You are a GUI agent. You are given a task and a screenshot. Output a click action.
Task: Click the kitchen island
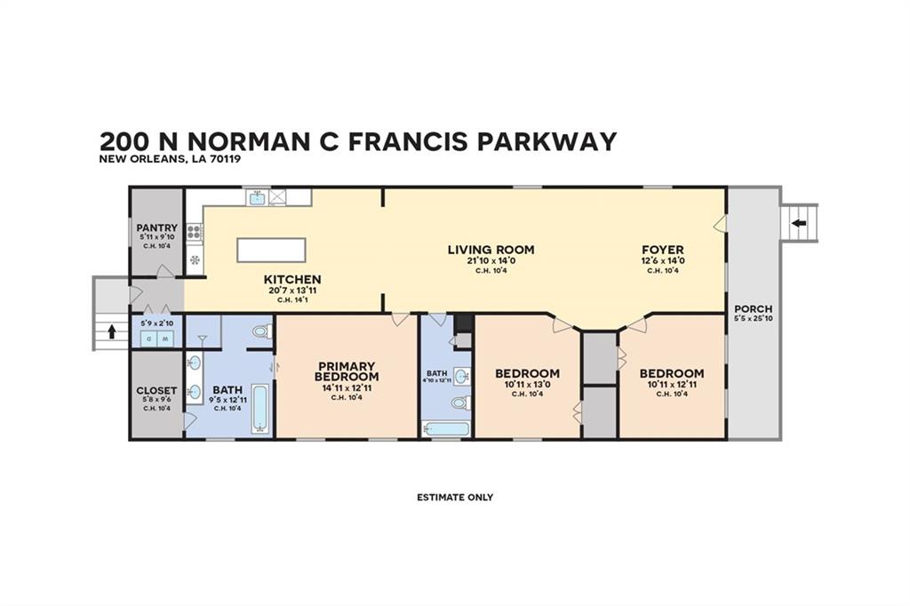click(271, 250)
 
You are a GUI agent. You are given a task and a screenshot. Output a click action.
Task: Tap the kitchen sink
click(257, 198)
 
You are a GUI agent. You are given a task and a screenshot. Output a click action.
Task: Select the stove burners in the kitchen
click(195, 234)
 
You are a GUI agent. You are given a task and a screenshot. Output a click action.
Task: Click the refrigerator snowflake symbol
click(195, 260)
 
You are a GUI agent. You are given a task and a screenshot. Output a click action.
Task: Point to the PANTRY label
click(156, 227)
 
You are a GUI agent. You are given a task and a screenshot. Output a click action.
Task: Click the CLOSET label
click(156, 390)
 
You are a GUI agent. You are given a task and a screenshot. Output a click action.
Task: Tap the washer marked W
click(149, 338)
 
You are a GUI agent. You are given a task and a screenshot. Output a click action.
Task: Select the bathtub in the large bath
click(260, 408)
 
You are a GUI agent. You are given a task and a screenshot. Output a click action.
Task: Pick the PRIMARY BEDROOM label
click(347, 371)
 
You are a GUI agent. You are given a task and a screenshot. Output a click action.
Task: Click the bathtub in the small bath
click(445, 429)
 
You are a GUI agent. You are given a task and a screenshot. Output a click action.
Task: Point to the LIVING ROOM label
click(491, 250)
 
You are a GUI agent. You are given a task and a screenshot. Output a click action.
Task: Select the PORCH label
click(754, 309)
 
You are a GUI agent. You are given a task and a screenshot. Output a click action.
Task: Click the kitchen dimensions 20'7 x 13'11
click(292, 290)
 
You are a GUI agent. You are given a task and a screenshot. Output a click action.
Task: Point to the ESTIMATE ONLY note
click(455, 497)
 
